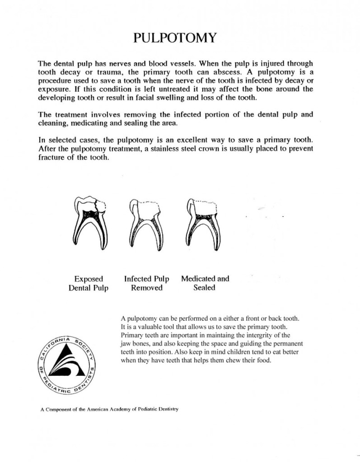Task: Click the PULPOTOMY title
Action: point(176,37)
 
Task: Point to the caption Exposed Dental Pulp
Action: point(89,283)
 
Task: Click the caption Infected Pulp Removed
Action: point(146,283)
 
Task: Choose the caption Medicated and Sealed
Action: point(205,283)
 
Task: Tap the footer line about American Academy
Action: point(110,410)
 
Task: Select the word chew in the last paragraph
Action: point(224,360)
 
